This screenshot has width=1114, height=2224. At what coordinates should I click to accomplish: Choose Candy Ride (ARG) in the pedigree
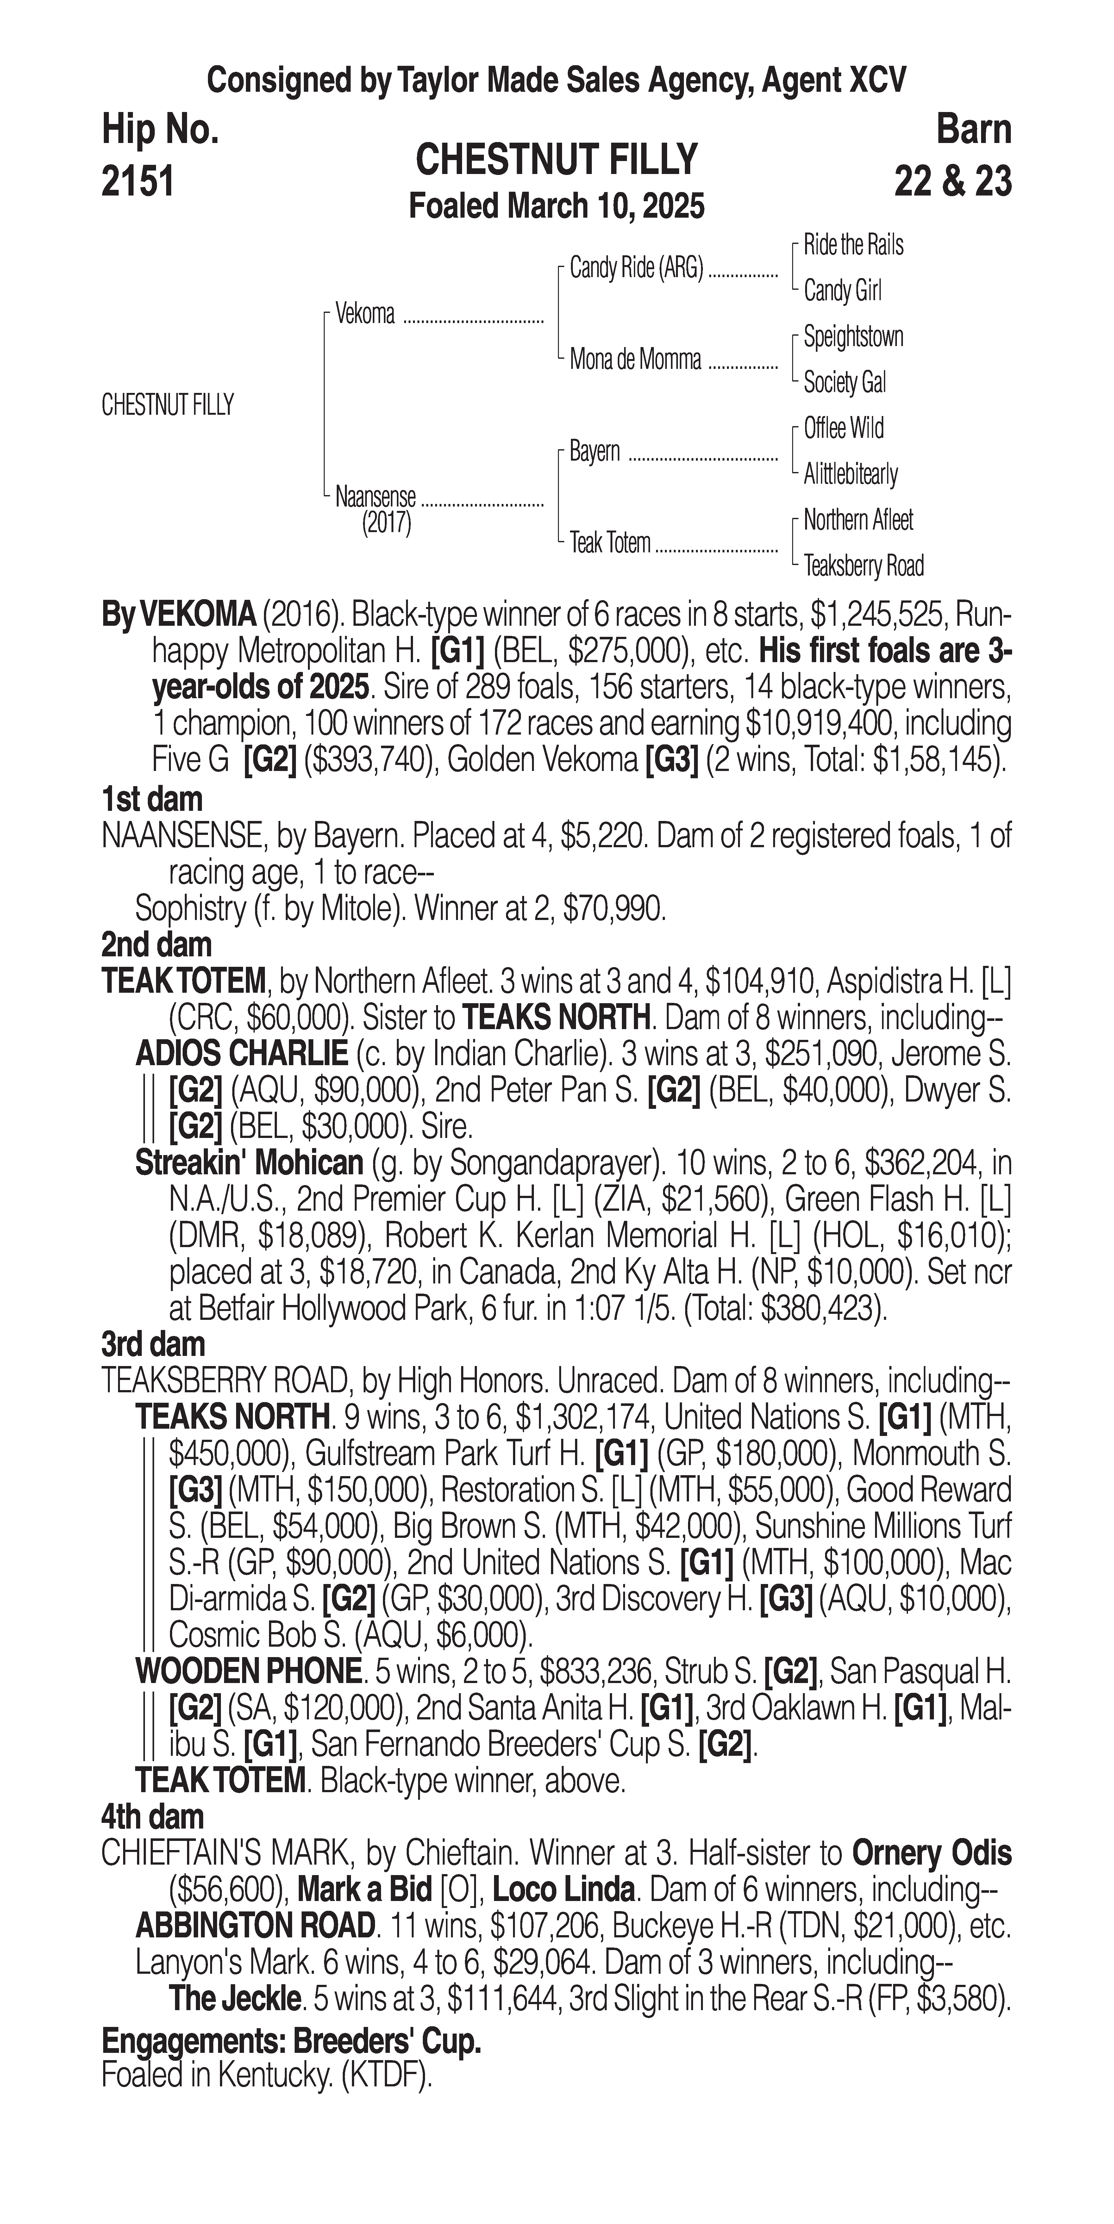(x=636, y=269)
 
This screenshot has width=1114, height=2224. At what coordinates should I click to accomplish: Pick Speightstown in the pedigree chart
(x=853, y=337)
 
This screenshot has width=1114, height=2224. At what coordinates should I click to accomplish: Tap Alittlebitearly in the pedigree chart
(x=851, y=474)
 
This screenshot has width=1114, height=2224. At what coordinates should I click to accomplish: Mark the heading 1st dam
(x=152, y=799)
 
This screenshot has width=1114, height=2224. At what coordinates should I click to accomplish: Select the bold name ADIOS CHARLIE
(x=241, y=1054)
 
